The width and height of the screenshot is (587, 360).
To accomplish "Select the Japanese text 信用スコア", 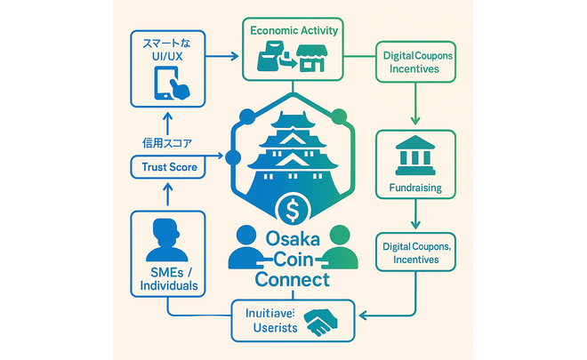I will (167, 142).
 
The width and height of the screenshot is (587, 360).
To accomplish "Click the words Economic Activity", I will (294, 30).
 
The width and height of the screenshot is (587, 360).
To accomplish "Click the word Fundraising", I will (416, 188).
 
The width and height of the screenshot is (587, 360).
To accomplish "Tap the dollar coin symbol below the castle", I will (293, 211).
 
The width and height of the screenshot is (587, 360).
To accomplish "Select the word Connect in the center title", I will (292, 280).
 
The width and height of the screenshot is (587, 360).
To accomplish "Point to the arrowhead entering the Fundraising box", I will (416, 124).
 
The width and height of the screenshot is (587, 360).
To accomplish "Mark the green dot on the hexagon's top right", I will (337, 116).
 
